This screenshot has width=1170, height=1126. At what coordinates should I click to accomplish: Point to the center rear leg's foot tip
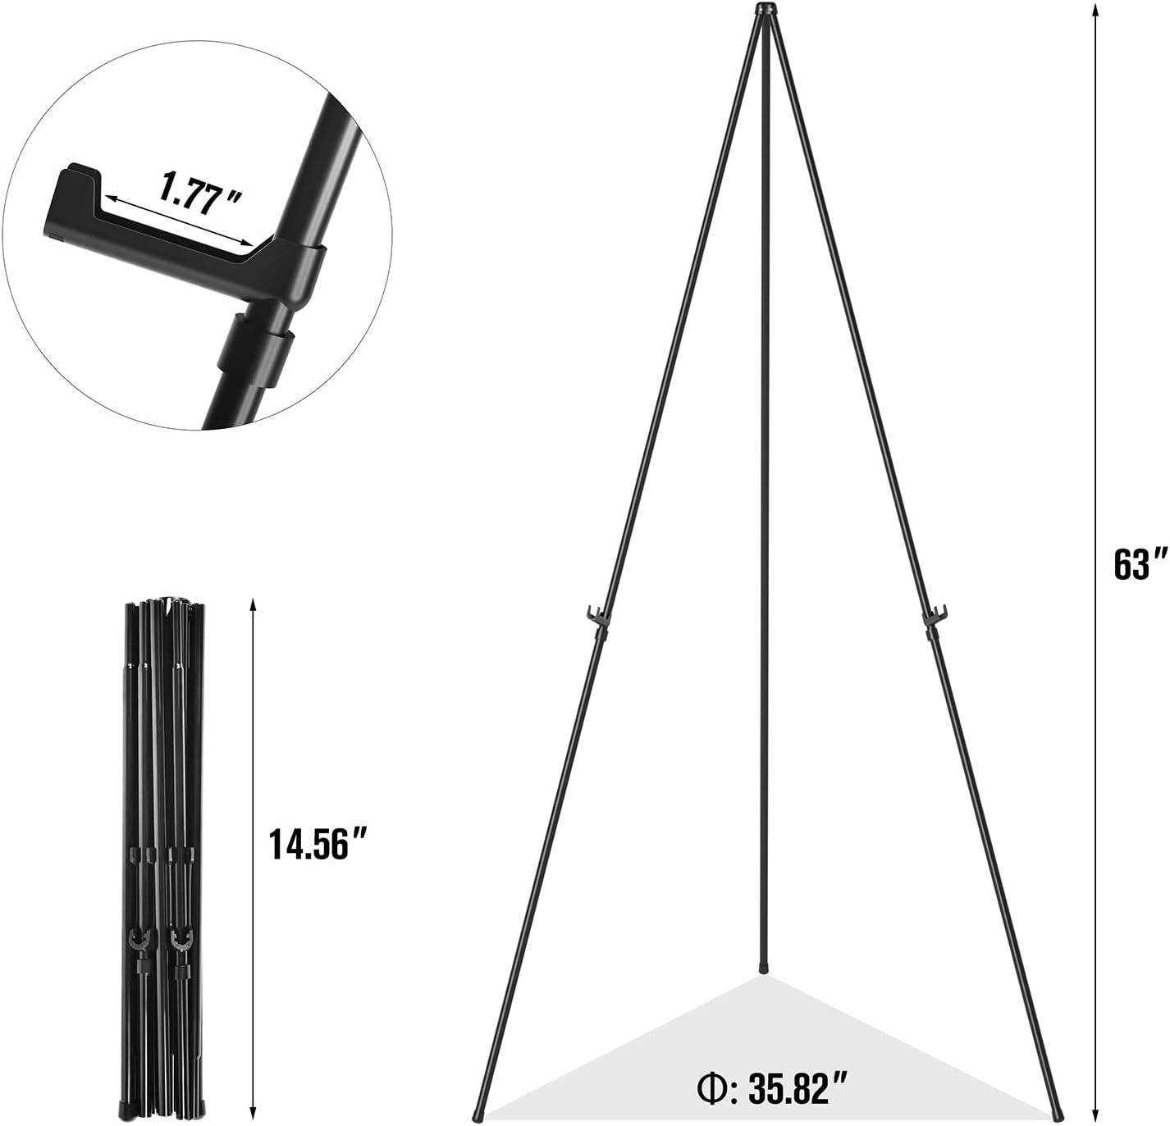(x=765, y=969)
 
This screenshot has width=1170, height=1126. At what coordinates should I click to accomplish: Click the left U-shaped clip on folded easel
(x=141, y=941)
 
